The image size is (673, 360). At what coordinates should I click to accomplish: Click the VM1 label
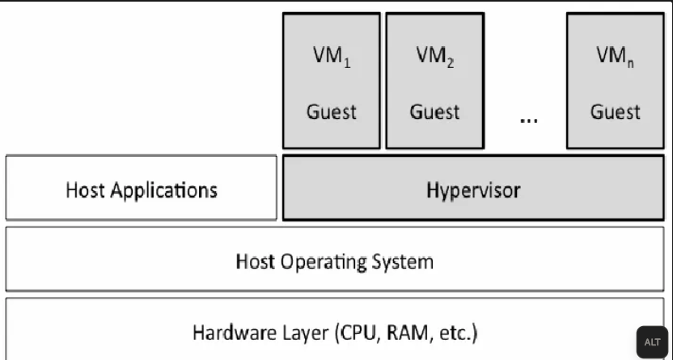(332, 60)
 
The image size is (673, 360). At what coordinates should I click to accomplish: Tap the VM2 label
(435, 60)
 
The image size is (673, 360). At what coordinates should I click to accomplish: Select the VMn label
(616, 60)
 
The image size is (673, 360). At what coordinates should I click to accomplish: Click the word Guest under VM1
(332, 112)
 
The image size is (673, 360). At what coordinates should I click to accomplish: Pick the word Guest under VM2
(435, 112)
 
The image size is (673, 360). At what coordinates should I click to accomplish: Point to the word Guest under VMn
(616, 112)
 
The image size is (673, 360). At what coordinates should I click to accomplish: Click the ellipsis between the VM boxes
(528, 119)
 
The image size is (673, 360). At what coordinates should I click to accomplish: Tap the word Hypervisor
(473, 191)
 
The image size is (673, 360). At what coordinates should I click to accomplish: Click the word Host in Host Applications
(85, 191)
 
